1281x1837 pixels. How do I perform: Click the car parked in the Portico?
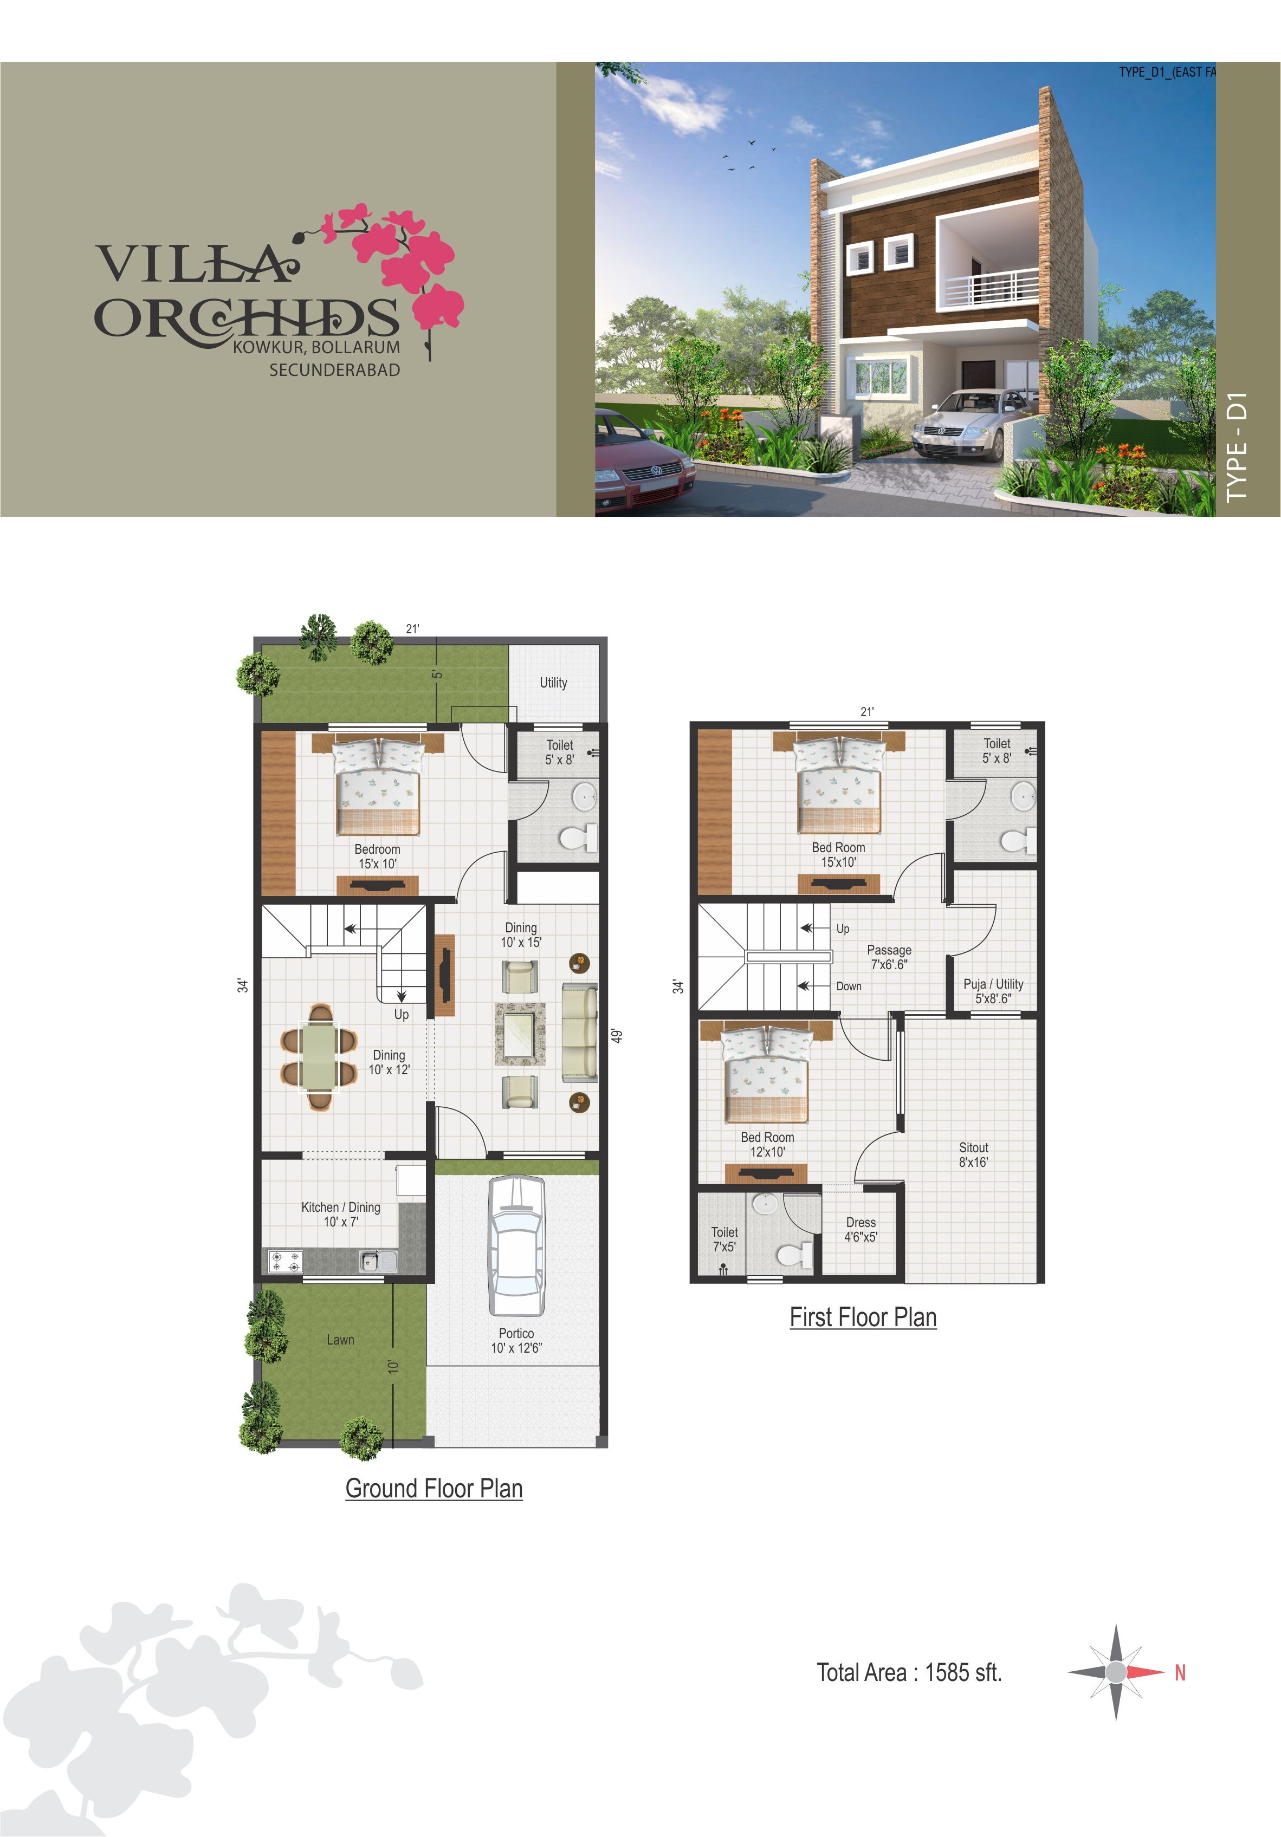coord(517,1246)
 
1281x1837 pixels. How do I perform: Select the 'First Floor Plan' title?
coord(863,1317)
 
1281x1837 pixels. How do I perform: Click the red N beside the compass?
coord(1179,1672)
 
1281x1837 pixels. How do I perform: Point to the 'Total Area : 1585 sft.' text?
coord(909,1672)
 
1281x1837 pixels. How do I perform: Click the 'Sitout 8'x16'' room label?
coord(973,1154)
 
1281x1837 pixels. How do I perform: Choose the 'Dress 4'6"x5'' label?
coord(861,1229)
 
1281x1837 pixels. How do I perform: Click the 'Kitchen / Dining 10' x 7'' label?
coord(341,1213)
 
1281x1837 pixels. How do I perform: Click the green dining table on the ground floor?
coord(319,1056)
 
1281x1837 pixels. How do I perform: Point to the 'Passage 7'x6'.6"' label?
coord(889,957)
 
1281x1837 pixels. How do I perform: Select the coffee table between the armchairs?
coord(519,1034)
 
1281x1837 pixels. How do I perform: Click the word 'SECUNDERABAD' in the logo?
coord(334,369)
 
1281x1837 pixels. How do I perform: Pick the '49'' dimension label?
coord(617,1035)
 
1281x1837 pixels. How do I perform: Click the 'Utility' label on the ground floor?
coord(553,683)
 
